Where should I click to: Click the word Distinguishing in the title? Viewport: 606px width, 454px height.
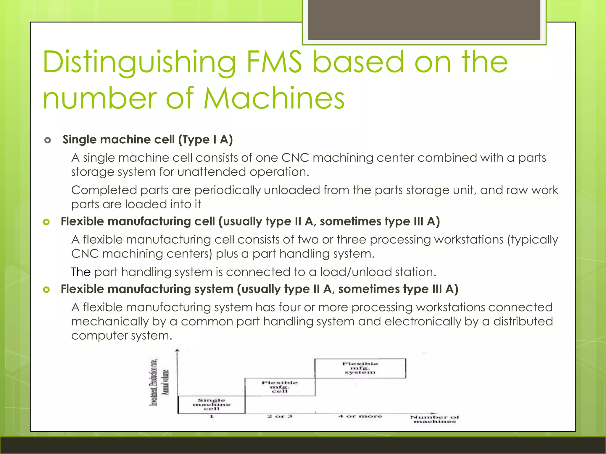click(x=139, y=63)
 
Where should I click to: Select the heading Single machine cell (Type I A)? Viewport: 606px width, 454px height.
click(x=148, y=140)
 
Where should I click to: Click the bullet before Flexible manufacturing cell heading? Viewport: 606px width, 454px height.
click(x=46, y=222)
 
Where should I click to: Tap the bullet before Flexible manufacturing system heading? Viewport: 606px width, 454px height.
click(x=46, y=290)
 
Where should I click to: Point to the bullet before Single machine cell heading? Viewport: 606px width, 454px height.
click(x=47, y=140)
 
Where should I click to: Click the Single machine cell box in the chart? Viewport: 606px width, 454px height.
click(x=211, y=404)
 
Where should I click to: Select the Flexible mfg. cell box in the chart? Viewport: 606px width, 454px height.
click(x=280, y=387)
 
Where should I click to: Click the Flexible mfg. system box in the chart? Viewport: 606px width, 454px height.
click(x=360, y=368)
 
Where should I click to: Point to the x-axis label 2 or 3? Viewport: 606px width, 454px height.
click(x=280, y=416)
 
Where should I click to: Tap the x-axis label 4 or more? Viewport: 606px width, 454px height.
click(x=360, y=416)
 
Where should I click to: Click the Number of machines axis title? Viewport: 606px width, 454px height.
click(x=434, y=419)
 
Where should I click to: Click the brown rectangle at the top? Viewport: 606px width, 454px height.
click(x=424, y=20)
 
